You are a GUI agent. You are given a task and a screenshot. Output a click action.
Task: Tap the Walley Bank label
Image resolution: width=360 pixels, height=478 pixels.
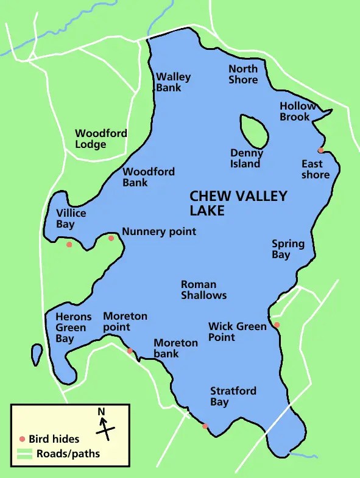[173, 82]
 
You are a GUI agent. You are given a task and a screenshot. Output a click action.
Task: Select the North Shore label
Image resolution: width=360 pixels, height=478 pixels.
[243, 74]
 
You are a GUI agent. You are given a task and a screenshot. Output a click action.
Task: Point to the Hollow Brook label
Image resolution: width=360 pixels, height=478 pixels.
[297, 111]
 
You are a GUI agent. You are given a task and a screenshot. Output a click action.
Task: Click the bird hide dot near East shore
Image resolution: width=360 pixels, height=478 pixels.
[320, 150]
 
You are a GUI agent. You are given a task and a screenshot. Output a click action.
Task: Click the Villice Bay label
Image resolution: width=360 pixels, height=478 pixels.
[71, 219]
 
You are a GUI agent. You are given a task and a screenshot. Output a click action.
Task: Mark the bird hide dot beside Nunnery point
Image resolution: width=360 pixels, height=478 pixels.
[111, 238]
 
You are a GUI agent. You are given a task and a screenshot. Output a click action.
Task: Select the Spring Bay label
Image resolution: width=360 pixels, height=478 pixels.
[288, 249]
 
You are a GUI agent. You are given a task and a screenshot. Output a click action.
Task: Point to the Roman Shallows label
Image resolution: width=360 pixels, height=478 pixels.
[203, 290]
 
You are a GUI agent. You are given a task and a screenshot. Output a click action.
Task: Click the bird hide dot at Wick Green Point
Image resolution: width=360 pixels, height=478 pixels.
[277, 325]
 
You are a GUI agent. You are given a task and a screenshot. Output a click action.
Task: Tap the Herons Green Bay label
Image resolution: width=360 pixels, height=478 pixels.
[73, 328]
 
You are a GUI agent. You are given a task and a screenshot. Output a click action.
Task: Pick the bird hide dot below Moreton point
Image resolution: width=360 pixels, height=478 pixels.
[129, 351]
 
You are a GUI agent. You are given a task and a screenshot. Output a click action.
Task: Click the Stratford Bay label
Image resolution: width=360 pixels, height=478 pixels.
[233, 396]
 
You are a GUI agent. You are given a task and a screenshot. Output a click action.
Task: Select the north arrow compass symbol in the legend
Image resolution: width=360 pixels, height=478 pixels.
[105, 425]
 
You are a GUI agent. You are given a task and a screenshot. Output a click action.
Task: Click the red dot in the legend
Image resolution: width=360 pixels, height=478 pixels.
[23, 439]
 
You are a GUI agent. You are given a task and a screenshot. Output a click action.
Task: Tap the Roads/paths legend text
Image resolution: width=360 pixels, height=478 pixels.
[68, 454]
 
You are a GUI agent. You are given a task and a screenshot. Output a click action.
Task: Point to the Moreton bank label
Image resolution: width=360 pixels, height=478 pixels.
[175, 348]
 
